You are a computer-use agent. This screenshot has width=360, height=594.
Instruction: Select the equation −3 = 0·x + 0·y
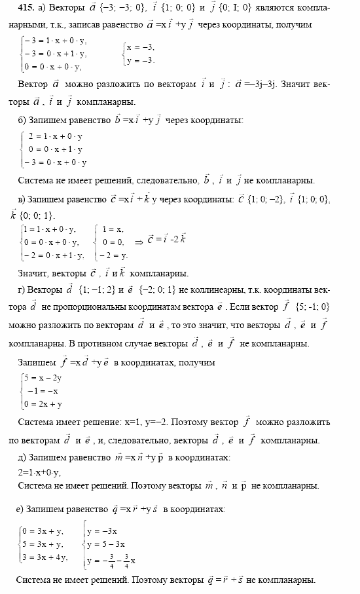[x=56, y=162]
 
